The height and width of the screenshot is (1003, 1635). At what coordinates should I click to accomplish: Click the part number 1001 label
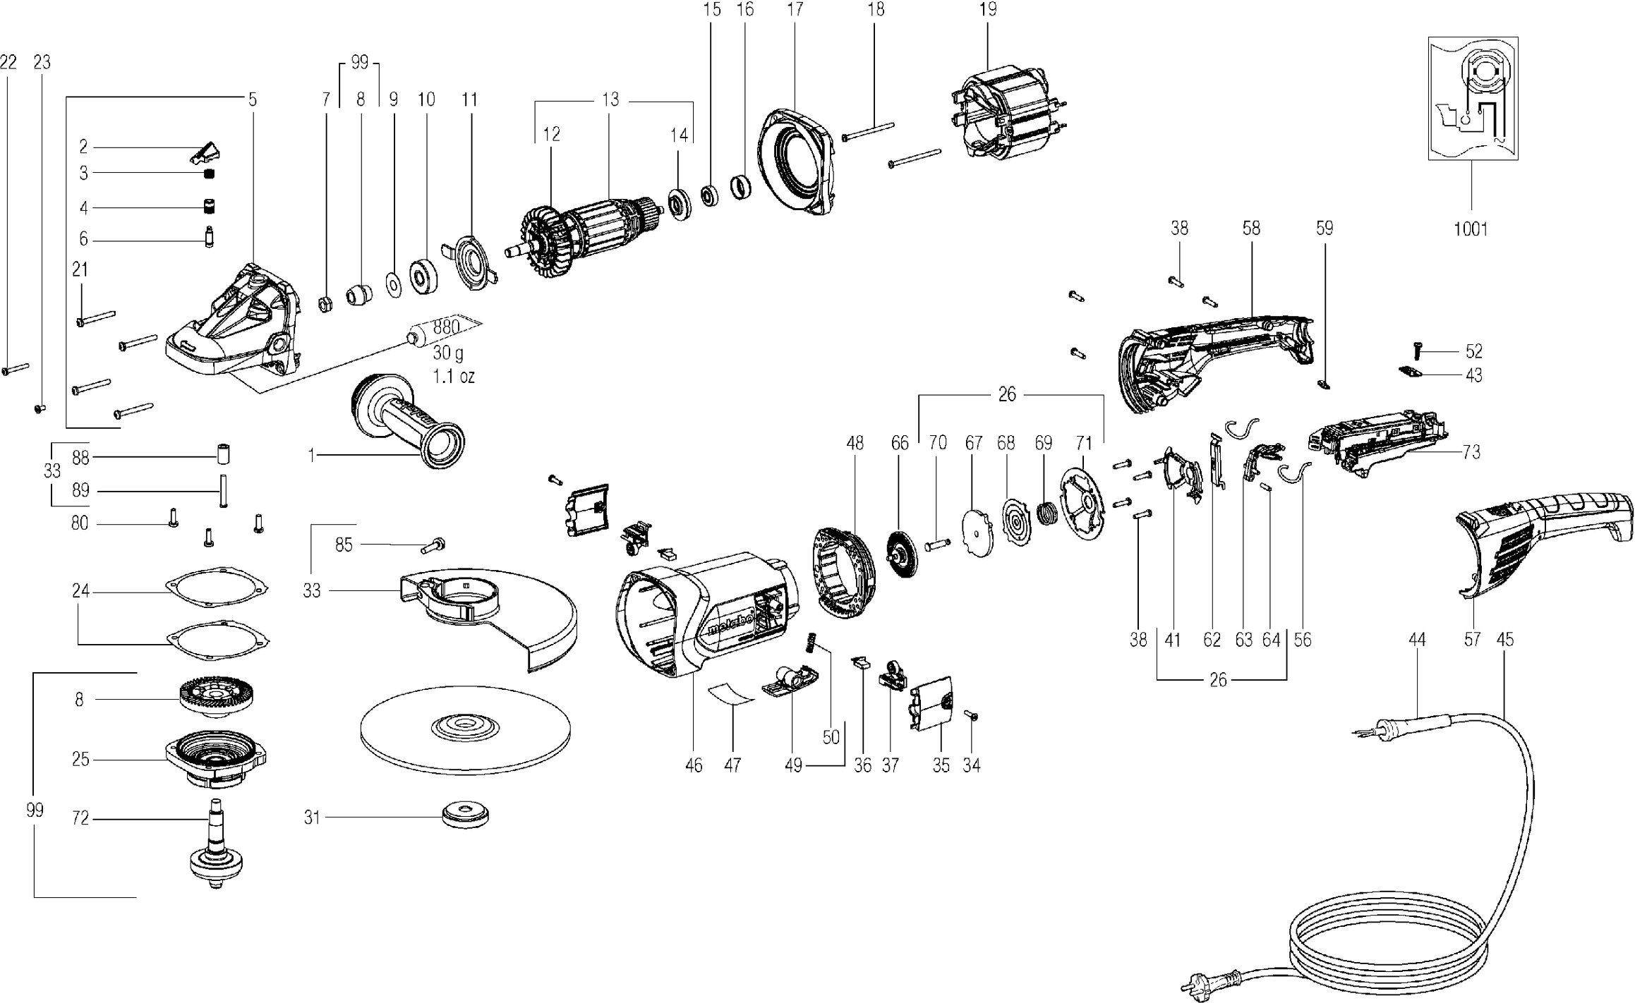1471,229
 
